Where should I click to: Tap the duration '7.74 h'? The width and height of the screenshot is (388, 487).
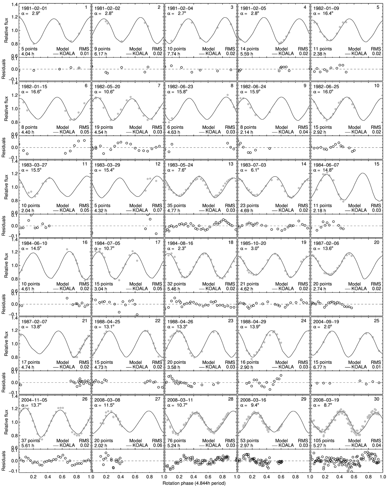[174, 53]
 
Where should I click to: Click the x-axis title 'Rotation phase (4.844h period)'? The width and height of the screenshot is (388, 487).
[194, 483]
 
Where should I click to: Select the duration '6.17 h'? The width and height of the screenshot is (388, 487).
[101, 53]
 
